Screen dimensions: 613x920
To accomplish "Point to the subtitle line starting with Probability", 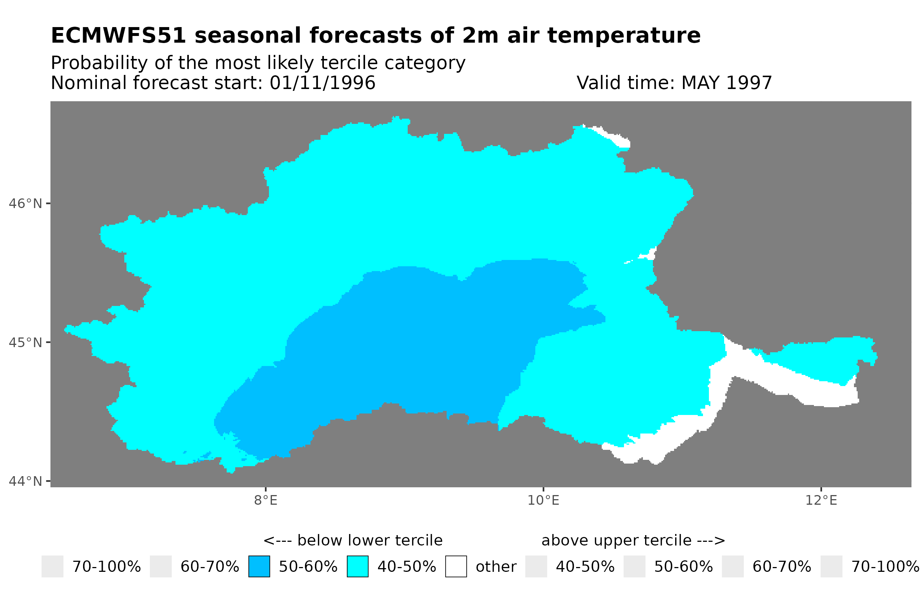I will (x=258, y=63).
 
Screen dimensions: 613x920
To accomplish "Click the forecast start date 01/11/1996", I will (x=322, y=83).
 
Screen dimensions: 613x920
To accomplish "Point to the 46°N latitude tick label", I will (x=25, y=204).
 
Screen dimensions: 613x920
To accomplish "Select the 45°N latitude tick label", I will (x=25, y=342).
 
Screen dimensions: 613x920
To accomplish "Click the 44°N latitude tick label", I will (x=25, y=481).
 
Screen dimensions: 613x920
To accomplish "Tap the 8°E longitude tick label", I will (x=266, y=500).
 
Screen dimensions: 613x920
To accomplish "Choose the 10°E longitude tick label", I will (x=543, y=500).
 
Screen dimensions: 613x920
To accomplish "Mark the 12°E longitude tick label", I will (x=821, y=500).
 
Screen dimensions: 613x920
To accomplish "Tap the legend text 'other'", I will (x=496, y=567).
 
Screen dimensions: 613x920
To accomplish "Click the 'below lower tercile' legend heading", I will (x=353, y=540).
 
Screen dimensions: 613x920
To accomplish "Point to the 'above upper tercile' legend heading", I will (x=633, y=540).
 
